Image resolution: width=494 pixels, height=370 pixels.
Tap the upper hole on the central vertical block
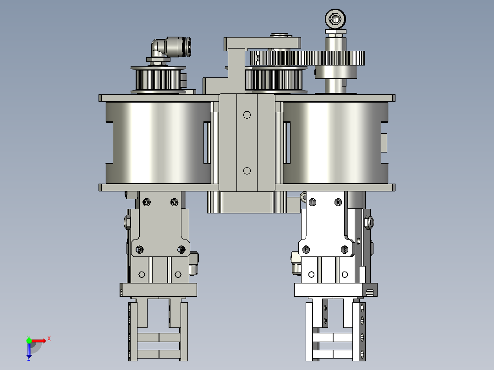pyautogui.click(x=247, y=114)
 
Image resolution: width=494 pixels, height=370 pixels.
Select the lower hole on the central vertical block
pyautogui.click(x=247, y=171)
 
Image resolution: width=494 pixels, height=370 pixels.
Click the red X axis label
pyautogui.click(x=49, y=338)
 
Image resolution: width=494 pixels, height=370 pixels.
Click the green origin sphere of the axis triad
pyautogui.click(x=29, y=340)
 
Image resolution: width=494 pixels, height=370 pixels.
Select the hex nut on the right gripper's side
pyautogui.click(x=369, y=223)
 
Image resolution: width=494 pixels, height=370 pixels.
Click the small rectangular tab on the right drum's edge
pyautogui.click(x=384, y=142)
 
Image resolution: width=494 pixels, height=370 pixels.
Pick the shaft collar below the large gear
pyautogui.click(x=336, y=72)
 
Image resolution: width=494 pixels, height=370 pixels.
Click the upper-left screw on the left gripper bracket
pyautogui.click(x=147, y=202)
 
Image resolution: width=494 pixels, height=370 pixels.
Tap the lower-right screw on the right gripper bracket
pyautogui.click(x=345, y=250)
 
